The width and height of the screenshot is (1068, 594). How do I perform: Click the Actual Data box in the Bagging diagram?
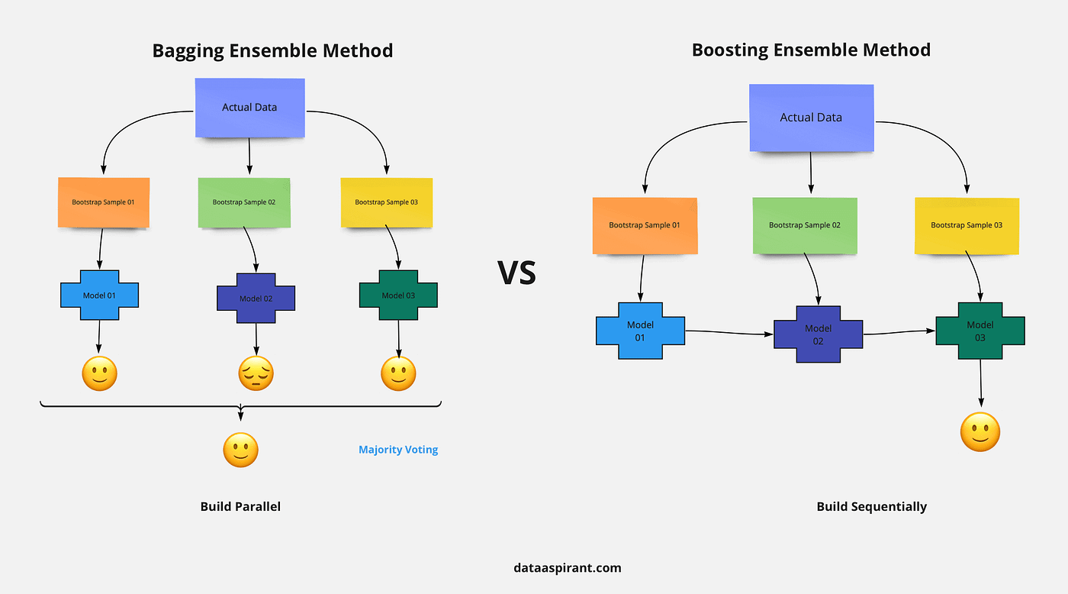[249, 108]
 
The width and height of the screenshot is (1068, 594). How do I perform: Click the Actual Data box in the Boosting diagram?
[811, 118]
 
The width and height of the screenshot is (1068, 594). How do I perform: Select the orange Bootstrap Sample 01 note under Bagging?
[104, 202]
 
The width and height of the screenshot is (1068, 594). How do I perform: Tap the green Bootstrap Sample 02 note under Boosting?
[805, 225]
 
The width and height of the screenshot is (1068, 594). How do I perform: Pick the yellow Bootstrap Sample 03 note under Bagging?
[387, 202]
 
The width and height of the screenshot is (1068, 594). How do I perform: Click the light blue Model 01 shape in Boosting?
[640, 331]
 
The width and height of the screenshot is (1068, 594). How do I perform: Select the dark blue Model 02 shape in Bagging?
[256, 298]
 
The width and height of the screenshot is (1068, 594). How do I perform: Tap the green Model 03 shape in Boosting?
[980, 331]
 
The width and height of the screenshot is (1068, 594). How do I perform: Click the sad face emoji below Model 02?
[256, 374]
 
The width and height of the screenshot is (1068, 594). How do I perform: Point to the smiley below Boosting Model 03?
[980, 432]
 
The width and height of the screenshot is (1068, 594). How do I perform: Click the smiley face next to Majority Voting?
[240, 450]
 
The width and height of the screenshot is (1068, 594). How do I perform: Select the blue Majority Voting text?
[398, 450]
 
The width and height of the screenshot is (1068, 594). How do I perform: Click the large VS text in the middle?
[517, 273]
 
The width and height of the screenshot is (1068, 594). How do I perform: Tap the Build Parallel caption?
[240, 506]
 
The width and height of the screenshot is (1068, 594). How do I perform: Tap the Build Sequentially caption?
[871, 506]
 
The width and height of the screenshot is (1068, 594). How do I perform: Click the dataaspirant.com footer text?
[568, 567]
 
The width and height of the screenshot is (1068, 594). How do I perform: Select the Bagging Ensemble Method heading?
[272, 51]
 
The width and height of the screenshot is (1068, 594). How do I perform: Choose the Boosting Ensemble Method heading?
[811, 50]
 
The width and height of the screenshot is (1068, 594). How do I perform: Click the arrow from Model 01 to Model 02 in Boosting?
[729, 332]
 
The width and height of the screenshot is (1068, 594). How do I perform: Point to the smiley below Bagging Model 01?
[99, 374]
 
